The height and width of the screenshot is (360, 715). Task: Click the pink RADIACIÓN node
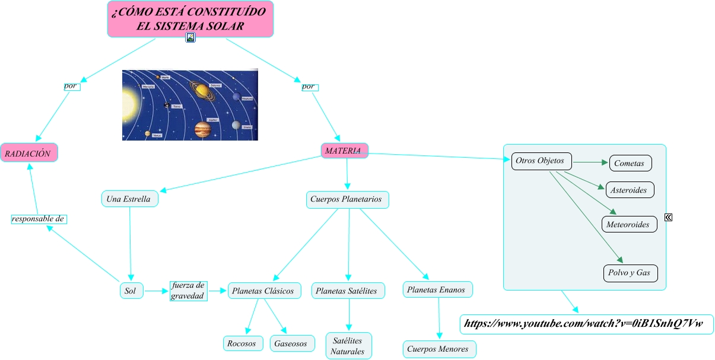point(29,153)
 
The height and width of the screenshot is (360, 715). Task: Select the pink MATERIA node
point(345,151)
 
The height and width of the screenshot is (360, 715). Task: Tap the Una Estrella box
point(129,199)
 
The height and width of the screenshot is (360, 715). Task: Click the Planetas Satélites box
point(348,291)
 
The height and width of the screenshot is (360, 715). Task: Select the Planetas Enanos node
point(438,289)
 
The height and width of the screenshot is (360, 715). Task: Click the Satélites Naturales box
point(348,346)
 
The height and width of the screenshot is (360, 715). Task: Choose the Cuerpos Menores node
point(439,349)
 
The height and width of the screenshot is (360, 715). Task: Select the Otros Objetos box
point(541,161)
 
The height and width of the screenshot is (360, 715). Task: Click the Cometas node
point(630,163)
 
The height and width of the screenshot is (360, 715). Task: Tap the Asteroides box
point(630,190)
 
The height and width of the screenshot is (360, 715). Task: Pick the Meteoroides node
point(630,224)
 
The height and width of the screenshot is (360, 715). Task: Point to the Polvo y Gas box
point(630,273)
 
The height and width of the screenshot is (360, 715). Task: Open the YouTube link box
point(586,324)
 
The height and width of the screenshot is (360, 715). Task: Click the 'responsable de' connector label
point(39,219)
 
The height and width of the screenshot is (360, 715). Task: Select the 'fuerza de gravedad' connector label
point(188,291)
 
